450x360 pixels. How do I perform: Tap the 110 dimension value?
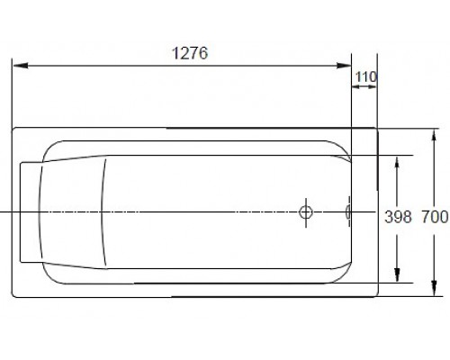(x=364, y=77)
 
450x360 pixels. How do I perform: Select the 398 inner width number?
(x=398, y=217)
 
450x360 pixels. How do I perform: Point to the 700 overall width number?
(x=434, y=217)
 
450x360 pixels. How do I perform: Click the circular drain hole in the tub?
(x=306, y=213)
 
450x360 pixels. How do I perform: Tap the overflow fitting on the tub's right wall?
(x=349, y=213)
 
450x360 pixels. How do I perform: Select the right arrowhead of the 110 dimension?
(x=373, y=90)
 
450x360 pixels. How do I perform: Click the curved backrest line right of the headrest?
(x=107, y=213)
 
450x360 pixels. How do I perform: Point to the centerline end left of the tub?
(x=3, y=212)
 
